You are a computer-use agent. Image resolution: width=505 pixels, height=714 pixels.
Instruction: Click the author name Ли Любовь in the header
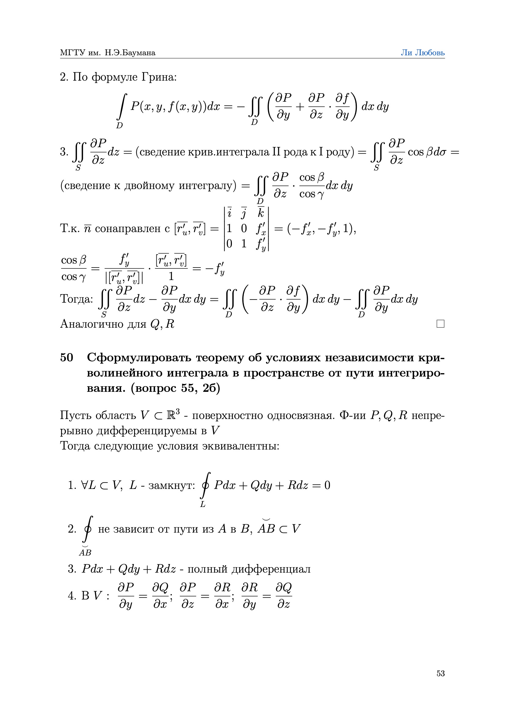pyautogui.click(x=422, y=53)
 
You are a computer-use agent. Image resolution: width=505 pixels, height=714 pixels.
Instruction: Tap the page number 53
pyautogui.click(x=440, y=673)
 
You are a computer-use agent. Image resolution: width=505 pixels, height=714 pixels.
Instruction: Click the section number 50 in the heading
pyautogui.click(x=67, y=358)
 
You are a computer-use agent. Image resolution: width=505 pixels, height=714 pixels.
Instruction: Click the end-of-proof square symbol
pyautogui.click(x=440, y=324)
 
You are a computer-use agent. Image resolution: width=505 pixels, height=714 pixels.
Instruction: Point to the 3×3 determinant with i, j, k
pyautogui.click(x=246, y=228)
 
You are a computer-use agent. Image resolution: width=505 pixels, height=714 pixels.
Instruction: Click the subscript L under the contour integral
pyautogui.click(x=203, y=505)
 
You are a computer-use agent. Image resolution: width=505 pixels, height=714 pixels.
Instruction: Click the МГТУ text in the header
pyautogui.click(x=72, y=53)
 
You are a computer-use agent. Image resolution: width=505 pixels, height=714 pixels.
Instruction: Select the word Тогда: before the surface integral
pyautogui.click(x=77, y=299)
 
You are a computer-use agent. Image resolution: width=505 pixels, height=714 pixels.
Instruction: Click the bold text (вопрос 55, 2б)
pyautogui.click(x=175, y=388)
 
